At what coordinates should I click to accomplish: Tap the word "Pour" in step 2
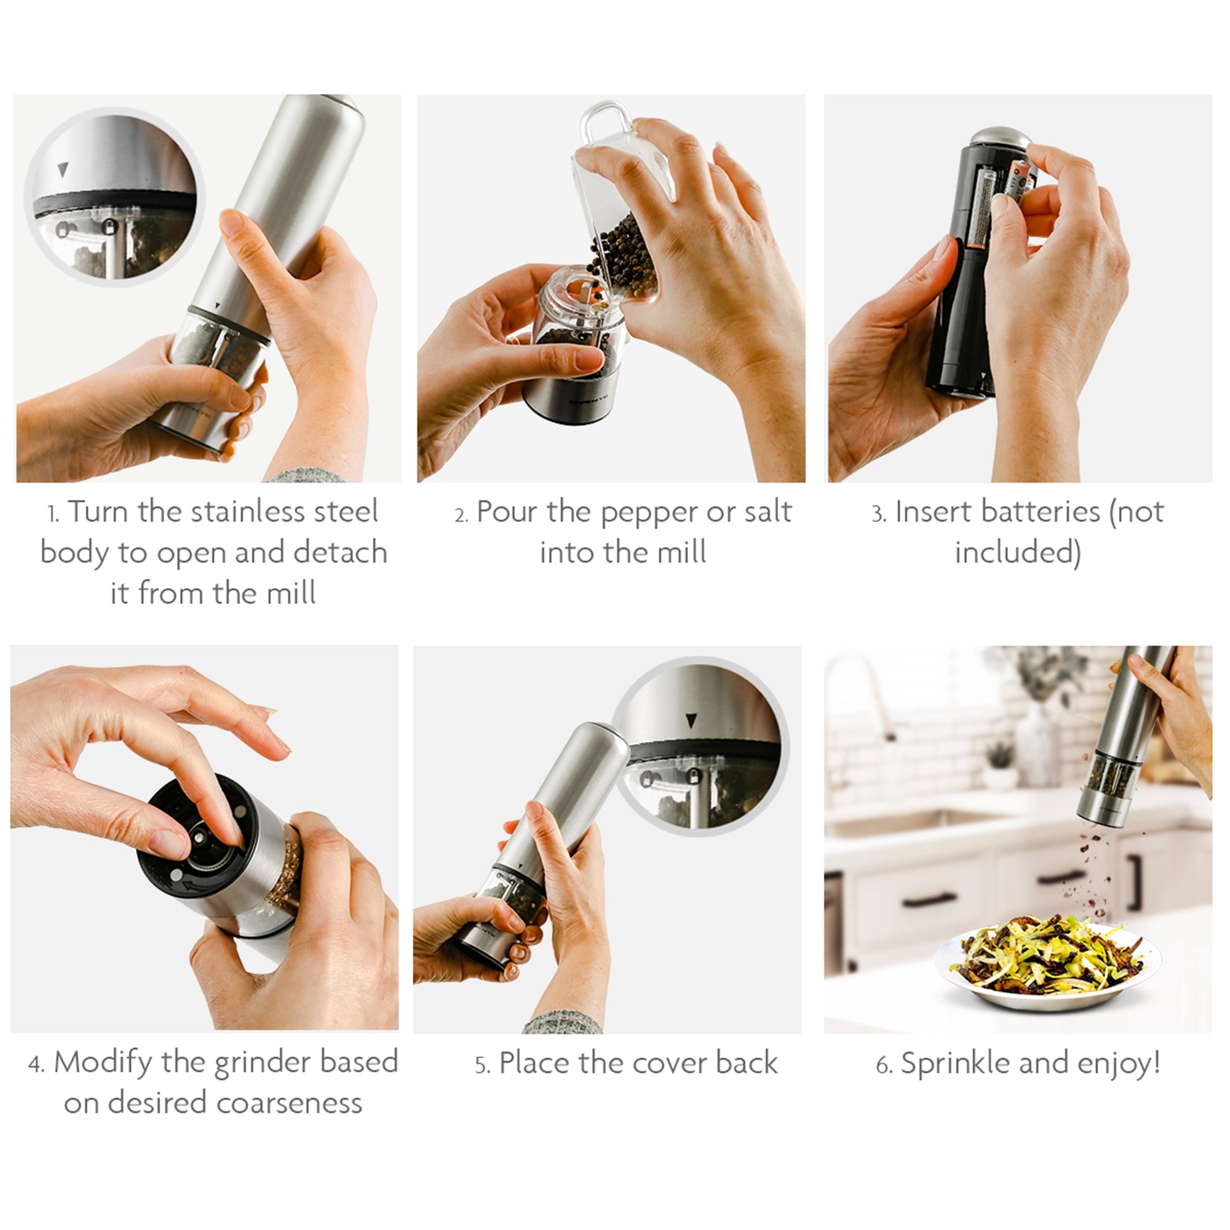tap(506, 512)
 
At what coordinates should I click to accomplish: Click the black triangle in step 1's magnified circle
tap(61, 169)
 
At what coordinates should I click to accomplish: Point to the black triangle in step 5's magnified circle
tap(691, 721)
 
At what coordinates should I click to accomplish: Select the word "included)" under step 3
tap(1018, 553)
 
